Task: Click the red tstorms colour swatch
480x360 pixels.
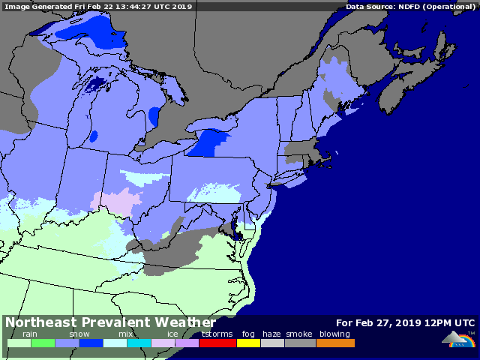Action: point(218,343)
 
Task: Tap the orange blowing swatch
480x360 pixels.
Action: point(335,343)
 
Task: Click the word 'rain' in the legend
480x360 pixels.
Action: point(30,334)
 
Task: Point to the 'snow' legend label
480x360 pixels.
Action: point(79,334)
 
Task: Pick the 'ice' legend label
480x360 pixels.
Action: point(172,334)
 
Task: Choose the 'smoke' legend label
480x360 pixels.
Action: point(298,334)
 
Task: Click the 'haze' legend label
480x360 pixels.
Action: point(271,334)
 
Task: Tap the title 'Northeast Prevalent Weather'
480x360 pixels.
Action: point(110,322)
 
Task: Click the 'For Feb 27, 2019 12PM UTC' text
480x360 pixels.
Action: point(405,323)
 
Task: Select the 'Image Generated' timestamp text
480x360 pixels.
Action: point(98,6)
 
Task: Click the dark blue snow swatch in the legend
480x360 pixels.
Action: point(91,343)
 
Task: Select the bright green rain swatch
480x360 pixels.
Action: point(43,343)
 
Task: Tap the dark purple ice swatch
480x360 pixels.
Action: point(187,343)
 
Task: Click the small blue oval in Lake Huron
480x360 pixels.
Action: point(154,116)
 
